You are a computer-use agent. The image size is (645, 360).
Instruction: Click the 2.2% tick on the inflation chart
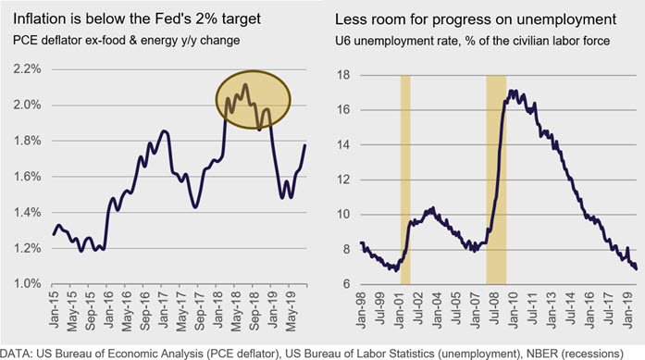click(x=27, y=69)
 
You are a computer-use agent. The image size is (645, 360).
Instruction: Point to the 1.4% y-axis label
click(x=27, y=213)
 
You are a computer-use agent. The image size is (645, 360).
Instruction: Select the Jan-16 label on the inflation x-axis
click(x=107, y=309)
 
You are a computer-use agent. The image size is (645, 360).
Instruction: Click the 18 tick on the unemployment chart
click(x=343, y=75)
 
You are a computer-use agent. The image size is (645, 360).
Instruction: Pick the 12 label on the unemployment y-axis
click(x=343, y=180)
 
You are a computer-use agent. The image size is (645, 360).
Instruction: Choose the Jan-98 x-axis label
click(x=360, y=309)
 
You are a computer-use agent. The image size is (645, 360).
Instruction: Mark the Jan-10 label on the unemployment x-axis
click(x=513, y=309)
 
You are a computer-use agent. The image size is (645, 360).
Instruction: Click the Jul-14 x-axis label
click(x=570, y=309)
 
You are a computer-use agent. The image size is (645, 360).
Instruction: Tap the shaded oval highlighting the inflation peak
click(x=254, y=99)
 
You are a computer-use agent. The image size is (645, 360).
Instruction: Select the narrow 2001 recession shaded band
click(x=405, y=180)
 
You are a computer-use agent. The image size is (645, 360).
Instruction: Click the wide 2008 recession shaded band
click(x=496, y=180)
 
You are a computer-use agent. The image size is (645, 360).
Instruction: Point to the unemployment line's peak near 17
click(x=512, y=91)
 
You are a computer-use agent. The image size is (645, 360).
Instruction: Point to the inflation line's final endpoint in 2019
click(x=305, y=144)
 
